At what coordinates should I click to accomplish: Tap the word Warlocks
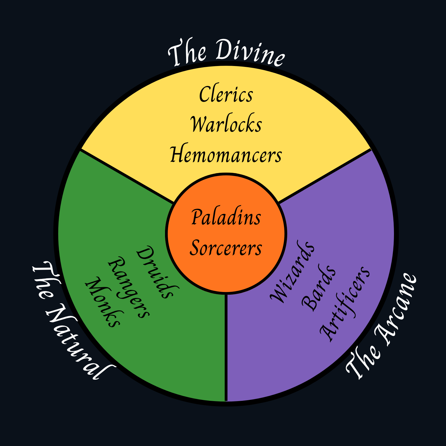pos(226,124)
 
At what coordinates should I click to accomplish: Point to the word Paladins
pos(226,217)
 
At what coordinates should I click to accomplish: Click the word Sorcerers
pos(226,248)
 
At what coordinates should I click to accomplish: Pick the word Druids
pos(158,272)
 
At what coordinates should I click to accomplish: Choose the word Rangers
pos(129,288)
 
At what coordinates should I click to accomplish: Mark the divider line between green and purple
pos(226,348)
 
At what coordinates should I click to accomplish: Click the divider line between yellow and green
pos(126,176)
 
